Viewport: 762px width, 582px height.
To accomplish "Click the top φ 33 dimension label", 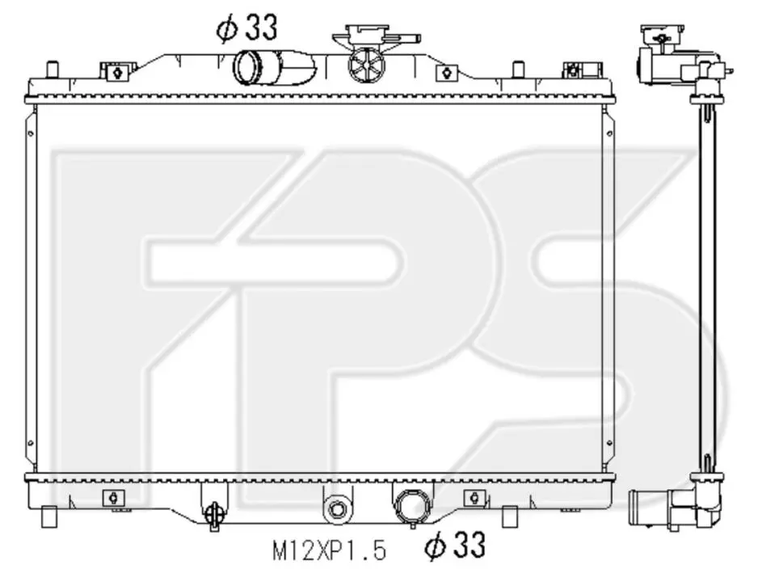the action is (x=247, y=27).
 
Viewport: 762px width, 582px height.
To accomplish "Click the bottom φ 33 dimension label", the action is (x=455, y=545).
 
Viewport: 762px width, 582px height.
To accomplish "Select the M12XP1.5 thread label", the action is (x=330, y=551).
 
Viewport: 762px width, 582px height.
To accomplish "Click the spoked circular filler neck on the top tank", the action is (x=366, y=65).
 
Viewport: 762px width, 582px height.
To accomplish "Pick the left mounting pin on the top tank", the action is (x=52, y=69).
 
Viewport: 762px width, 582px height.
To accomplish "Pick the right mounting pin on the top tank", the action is (x=519, y=69).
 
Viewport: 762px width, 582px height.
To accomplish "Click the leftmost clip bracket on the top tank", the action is (x=117, y=72).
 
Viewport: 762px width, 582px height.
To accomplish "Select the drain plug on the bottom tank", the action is (x=214, y=513).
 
